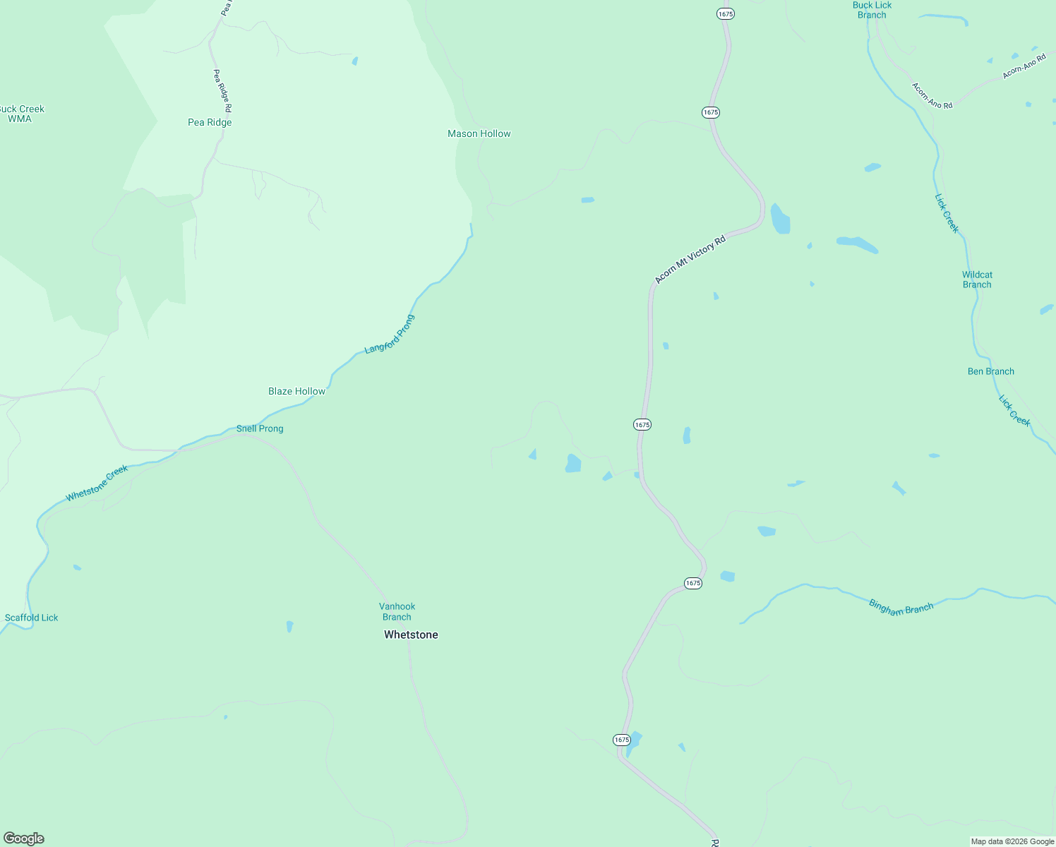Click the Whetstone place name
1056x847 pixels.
click(x=411, y=635)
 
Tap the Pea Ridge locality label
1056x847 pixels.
click(x=210, y=122)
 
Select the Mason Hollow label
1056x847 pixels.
click(x=479, y=133)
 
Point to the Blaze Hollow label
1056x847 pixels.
click(x=296, y=391)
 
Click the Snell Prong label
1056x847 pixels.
click(x=260, y=428)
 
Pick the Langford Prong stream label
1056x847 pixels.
click(x=390, y=335)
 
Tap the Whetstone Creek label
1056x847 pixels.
click(x=97, y=483)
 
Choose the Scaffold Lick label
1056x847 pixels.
click(x=32, y=618)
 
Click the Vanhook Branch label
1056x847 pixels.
click(x=397, y=611)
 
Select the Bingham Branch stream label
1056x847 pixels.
click(x=901, y=607)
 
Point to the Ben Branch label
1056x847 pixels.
click(x=990, y=371)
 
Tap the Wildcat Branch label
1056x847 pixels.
click(x=977, y=280)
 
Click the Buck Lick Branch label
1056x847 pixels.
click(x=872, y=10)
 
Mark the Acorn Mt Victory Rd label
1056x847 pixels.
click(x=690, y=260)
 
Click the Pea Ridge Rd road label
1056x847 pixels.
click(x=222, y=90)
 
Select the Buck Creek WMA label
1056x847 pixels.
click(x=21, y=114)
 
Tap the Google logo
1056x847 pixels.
click(x=24, y=839)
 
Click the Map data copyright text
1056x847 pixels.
click(x=1012, y=841)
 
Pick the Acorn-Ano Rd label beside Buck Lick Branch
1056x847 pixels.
click(x=932, y=96)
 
